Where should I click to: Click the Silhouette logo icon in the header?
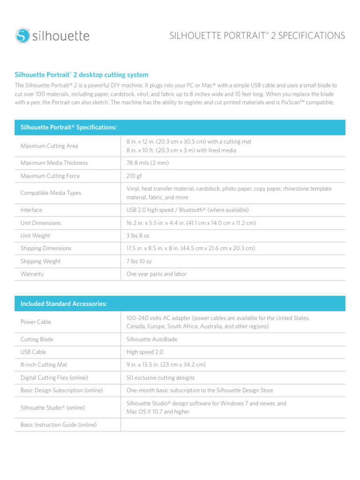point(22,36)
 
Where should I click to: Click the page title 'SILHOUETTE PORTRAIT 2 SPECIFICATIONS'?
point(257,36)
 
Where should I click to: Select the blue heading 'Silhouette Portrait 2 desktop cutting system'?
point(82,75)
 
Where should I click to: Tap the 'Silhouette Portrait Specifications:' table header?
point(68,127)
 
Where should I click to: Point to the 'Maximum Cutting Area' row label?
point(49,146)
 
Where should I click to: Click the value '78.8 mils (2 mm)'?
point(147,163)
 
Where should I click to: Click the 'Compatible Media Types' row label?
point(51,193)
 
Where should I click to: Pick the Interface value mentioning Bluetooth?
point(187,210)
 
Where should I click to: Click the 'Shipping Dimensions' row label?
point(46,248)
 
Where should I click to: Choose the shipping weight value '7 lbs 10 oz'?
point(139,261)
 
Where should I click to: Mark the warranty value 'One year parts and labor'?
point(156,274)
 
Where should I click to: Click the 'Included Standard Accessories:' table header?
point(64,304)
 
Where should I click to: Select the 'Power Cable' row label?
point(36,322)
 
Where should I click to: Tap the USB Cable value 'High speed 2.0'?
point(145,352)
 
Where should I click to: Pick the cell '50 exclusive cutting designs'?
point(160,377)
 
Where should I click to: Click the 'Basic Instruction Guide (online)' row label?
point(59,425)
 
